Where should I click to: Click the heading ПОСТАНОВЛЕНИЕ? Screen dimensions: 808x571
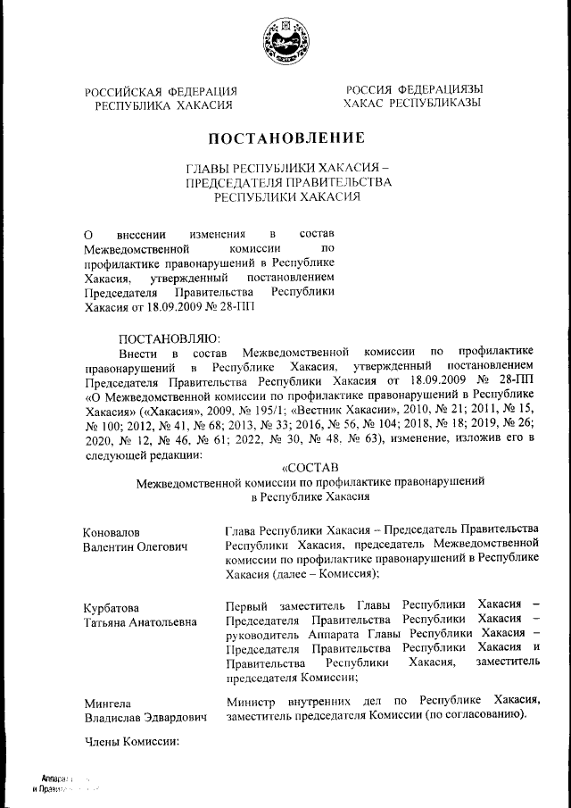(x=286, y=138)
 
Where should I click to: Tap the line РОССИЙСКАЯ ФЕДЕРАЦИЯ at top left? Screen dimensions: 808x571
(x=161, y=91)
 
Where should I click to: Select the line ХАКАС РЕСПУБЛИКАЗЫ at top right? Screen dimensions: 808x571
(x=412, y=104)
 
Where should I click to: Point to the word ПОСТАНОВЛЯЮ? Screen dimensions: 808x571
(x=169, y=339)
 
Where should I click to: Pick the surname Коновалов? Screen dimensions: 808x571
(x=111, y=533)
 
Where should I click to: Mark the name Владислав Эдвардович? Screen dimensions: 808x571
(x=145, y=716)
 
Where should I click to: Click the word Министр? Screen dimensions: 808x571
(x=253, y=702)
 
